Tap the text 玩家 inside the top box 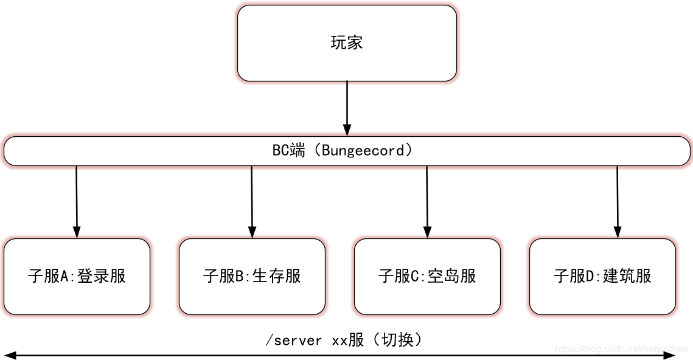click(347, 43)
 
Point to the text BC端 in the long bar click(288, 151)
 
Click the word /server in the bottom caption click(294, 340)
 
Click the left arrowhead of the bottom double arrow click(10, 355)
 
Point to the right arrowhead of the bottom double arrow click(669, 355)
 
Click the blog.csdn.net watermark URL click(621, 349)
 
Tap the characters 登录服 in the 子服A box click(102, 276)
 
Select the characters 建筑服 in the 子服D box click(627, 276)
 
